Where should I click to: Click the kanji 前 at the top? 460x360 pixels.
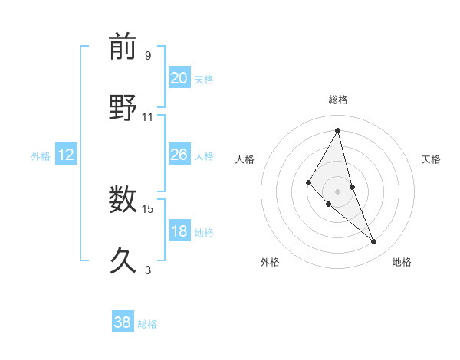(x=123, y=47)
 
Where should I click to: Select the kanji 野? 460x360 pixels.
(x=123, y=107)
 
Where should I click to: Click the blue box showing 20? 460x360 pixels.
(x=179, y=78)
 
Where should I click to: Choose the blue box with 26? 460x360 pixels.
(x=179, y=155)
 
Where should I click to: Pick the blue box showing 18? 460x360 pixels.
(x=179, y=232)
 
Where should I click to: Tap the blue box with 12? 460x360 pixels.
(x=66, y=155)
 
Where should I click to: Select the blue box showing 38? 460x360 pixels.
(x=123, y=322)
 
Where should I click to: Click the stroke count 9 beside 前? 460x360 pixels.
(x=148, y=56)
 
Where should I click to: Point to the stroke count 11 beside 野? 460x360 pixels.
(x=148, y=117)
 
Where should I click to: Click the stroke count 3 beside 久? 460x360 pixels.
(x=148, y=270)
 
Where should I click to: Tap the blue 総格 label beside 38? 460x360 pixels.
(x=147, y=324)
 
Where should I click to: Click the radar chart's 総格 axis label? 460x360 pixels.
(x=337, y=100)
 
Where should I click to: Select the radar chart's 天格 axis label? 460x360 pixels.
(x=431, y=159)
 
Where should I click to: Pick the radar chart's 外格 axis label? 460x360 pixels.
(x=270, y=262)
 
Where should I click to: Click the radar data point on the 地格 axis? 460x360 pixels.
(x=374, y=242)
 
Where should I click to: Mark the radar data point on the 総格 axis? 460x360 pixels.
(x=337, y=130)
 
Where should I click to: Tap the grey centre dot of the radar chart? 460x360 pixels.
(x=337, y=191)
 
